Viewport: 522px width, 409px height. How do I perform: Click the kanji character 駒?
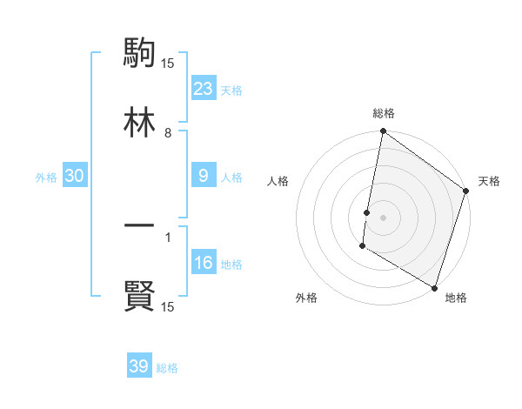139,54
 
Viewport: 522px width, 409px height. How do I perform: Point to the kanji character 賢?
139,297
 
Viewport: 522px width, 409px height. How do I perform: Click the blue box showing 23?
204,89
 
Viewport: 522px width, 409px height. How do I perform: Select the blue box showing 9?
204,176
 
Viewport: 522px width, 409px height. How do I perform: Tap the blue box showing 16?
204,263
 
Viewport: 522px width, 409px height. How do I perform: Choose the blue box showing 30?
75,176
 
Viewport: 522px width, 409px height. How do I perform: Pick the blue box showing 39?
139,366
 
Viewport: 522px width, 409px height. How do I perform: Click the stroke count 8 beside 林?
168,133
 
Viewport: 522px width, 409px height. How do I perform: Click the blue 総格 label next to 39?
167,368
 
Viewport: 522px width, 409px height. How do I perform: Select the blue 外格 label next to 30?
46,178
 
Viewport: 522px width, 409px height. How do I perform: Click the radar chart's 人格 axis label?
278,181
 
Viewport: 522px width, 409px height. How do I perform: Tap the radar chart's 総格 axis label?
384,113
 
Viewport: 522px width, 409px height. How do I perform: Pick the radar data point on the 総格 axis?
384,132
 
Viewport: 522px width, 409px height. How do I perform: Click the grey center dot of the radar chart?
384,217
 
